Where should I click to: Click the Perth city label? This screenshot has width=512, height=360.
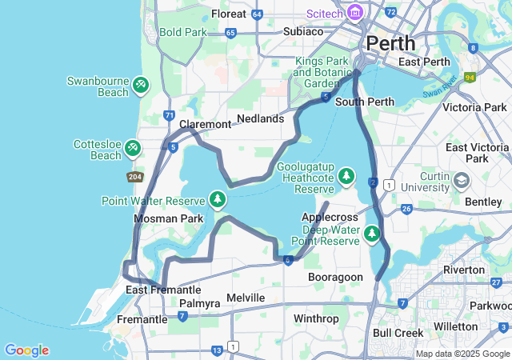click(390, 42)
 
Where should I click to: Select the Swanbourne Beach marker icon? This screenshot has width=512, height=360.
click(140, 83)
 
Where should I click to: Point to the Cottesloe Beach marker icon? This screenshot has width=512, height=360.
click(133, 147)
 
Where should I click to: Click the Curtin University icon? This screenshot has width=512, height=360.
click(461, 181)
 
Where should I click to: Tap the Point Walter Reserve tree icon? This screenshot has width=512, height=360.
click(216, 198)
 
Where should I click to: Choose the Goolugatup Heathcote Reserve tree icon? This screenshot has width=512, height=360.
click(346, 174)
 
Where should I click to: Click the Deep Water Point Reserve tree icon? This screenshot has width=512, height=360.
click(371, 234)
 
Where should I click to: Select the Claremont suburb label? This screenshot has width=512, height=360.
click(205, 124)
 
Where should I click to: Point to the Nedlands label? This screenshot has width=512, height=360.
click(261, 118)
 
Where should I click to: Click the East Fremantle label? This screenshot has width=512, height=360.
click(163, 290)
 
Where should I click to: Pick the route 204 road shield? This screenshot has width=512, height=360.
click(134, 176)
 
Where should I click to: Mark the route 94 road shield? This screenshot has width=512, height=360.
click(469, 78)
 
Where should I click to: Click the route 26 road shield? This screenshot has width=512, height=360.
click(406, 209)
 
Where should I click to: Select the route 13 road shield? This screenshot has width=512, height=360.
click(217, 350)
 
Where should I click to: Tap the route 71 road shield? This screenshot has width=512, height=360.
click(169, 116)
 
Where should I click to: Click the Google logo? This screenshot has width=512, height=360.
click(26, 350)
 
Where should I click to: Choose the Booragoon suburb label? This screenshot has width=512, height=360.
click(335, 277)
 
